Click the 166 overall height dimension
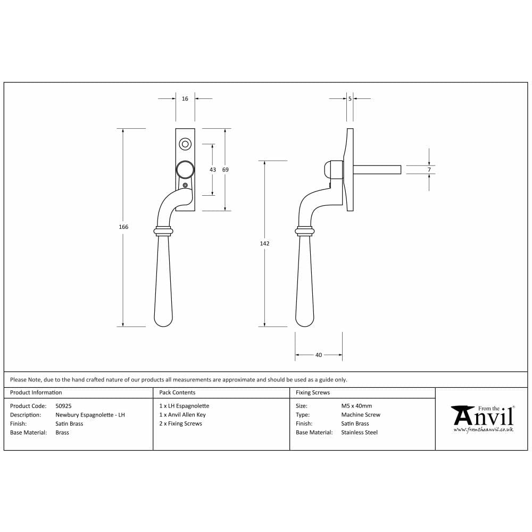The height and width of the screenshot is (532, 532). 123,227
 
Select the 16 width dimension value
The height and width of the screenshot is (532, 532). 185,99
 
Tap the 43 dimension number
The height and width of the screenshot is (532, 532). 213,170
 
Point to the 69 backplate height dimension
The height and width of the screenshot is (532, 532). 225,170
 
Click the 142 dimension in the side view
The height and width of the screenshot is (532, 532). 264,243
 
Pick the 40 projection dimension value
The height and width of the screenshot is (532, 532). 319,355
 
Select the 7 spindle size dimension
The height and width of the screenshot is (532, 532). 429,170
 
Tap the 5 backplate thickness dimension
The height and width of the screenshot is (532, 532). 350,99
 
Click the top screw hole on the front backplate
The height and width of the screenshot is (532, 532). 185,144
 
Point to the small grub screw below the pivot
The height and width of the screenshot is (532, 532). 185,185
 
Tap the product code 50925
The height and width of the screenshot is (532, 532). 63,406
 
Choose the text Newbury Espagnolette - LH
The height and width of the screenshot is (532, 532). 90,415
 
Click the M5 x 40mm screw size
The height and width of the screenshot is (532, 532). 356,406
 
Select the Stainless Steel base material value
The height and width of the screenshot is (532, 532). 359,433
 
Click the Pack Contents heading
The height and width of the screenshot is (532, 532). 177,393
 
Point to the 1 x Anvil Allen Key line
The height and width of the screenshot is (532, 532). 182,415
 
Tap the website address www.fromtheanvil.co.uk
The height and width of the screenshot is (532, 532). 483,429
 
